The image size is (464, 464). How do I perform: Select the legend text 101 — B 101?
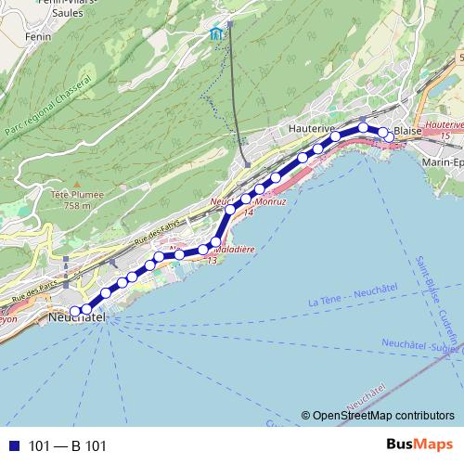[x=68, y=446]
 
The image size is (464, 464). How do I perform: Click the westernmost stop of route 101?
[x=75, y=311]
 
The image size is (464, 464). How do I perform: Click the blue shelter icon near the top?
[x=216, y=34]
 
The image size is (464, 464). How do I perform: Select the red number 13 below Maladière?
[x=213, y=261]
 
